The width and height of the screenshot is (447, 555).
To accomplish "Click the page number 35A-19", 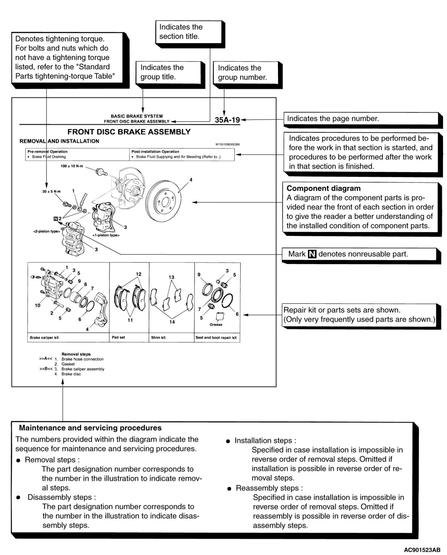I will click(227, 120).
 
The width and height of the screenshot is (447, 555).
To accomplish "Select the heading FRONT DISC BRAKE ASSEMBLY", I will click(129, 132).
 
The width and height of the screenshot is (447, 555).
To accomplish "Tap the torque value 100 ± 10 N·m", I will click(72, 166).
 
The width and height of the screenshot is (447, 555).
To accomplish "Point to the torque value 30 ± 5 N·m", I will click(51, 192).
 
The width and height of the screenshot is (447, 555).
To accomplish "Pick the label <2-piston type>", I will click(46, 231).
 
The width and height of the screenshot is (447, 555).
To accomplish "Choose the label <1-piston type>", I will click(106, 235).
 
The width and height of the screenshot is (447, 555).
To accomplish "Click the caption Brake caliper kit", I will click(44, 337).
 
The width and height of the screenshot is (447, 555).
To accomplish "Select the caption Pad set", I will click(118, 337).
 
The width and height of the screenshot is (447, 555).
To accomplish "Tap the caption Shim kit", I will click(158, 337).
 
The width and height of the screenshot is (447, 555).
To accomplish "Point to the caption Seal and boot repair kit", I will click(216, 337).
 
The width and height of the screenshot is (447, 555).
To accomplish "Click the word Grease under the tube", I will click(216, 324).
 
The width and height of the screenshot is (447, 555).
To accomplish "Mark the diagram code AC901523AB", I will click(422, 549).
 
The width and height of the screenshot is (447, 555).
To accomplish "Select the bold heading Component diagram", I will click(324, 188).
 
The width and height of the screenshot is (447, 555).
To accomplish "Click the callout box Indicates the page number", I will click(333, 119).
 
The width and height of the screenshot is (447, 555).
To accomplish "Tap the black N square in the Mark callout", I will click(312, 254).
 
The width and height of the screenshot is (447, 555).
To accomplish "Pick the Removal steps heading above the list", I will click(76, 354).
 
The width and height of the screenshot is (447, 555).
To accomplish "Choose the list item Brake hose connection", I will click(83, 359).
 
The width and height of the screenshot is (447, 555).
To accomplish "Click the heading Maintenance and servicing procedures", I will click(90, 428).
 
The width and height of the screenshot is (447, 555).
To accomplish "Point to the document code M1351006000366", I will click(228, 145).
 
